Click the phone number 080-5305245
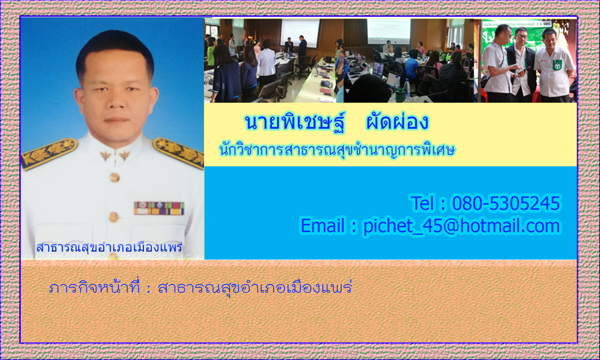click(506, 203)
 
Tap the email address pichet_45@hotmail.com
click(462, 226)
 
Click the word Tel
click(422, 203)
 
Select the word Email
click(322, 226)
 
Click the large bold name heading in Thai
click(337, 122)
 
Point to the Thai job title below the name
click(337, 150)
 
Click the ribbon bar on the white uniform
click(159, 208)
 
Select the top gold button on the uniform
click(115, 177)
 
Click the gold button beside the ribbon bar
click(114, 217)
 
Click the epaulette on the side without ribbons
click(49, 154)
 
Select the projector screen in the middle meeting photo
click(389, 31)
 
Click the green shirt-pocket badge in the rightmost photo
click(557, 65)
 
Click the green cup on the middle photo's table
click(400, 95)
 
